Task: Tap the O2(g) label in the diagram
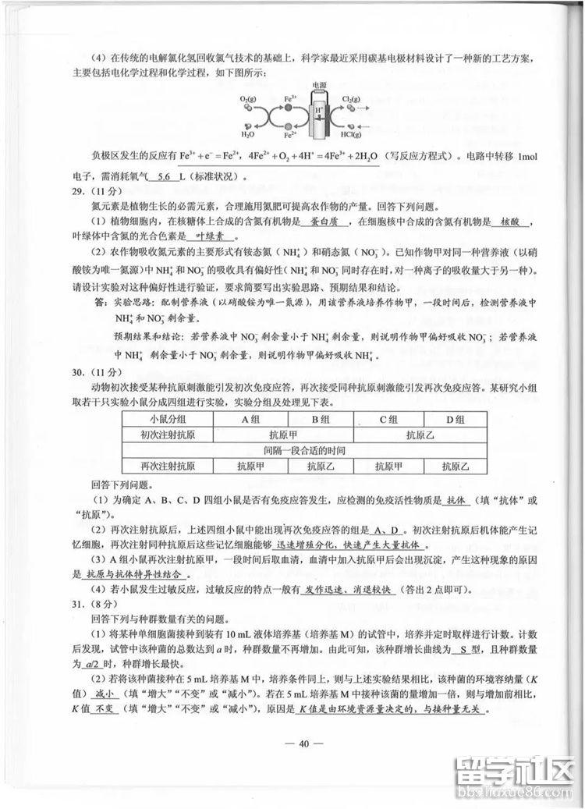(x=249, y=100)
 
